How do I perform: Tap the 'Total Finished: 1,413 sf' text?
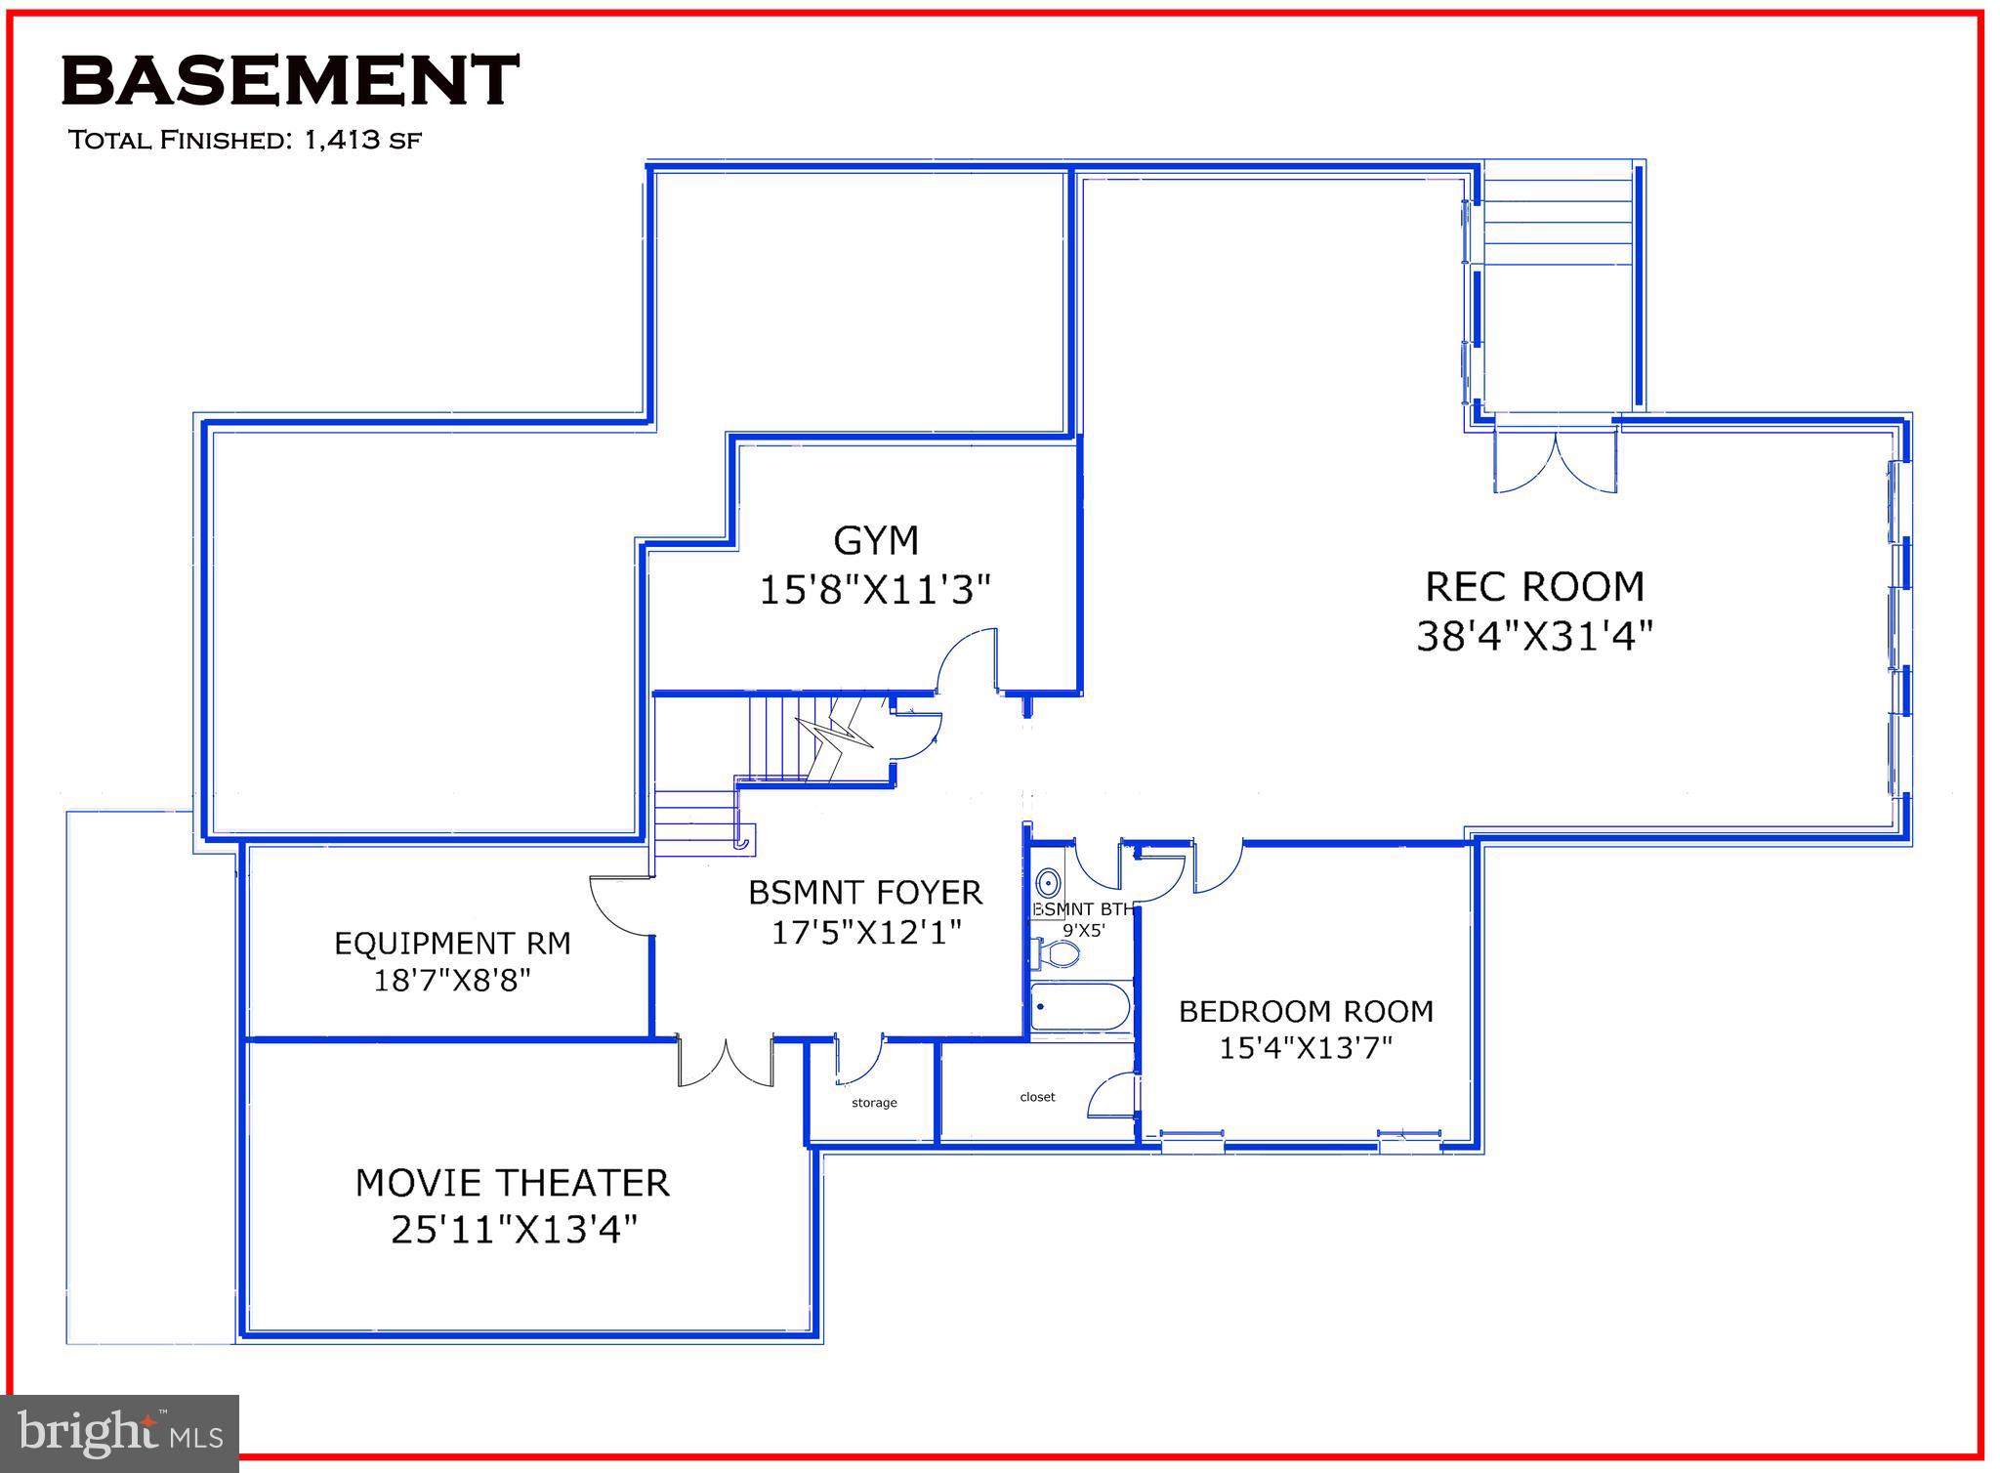(x=244, y=140)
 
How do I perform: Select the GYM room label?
(x=876, y=540)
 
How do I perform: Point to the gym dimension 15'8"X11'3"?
(x=875, y=590)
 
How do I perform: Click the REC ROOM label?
(x=1534, y=586)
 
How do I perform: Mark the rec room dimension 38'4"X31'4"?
(x=1534, y=636)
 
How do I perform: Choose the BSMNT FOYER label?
(x=865, y=893)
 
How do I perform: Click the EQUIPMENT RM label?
(x=452, y=944)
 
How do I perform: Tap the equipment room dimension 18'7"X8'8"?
(x=452, y=980)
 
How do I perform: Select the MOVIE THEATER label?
(x=512, y=1183)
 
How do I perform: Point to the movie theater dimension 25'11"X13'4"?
(x=514, y=1230)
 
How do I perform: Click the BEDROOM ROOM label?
(x=1306, y=1011)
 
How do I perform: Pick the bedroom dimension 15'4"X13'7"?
(x=1305, y=1048)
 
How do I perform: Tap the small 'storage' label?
(x=874, y=1103)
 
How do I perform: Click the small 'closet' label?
(x=1037, y=1097)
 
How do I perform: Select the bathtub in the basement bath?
(x=1081, y=1007)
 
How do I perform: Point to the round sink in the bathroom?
(x=1048, y=884)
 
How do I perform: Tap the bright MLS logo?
(x=119, y=1433)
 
